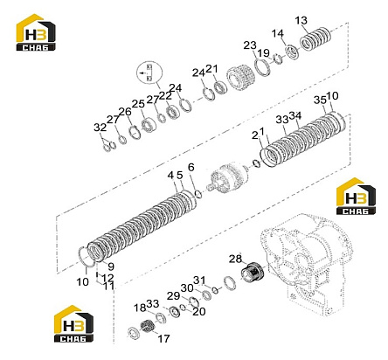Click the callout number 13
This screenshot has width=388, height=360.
[x=301, y=21]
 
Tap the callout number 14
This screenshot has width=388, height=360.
[x=278, y=33]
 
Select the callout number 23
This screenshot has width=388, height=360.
[x=250, y=45]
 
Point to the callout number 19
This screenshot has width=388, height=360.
[x=264, y=53]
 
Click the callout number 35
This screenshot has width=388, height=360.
[x=320, y=100]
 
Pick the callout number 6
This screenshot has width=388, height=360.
[x=191, y=167]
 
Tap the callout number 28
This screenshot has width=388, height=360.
[x=235, y=259]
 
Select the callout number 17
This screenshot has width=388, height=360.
[x=163, y=338]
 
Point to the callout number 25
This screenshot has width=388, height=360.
[x=138, y=104]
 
